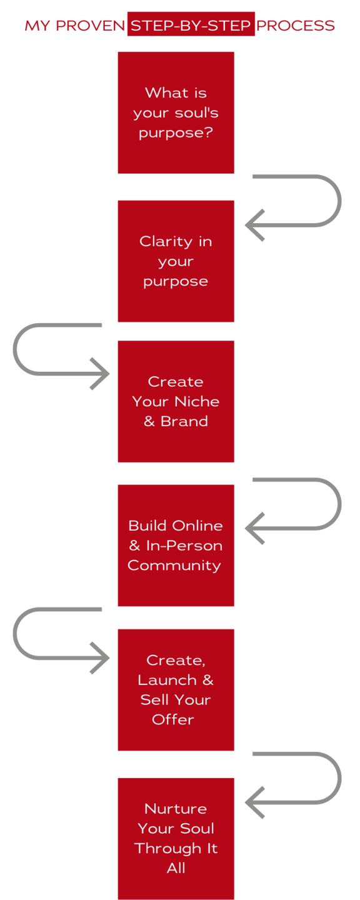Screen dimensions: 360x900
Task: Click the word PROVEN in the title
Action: [91, 26]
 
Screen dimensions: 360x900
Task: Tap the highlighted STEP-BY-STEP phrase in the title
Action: [191, 25]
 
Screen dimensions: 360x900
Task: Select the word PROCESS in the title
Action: [295, 26]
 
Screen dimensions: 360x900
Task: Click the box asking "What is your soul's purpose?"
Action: [176, 112]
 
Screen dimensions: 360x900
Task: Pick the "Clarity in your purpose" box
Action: [176, 261]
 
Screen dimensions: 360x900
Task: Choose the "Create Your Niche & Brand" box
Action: [176, 401]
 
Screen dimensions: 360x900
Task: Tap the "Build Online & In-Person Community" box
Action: [176, 545]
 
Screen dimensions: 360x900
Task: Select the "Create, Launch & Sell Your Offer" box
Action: [176, 690]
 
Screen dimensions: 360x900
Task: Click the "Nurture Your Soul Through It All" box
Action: [176, 839]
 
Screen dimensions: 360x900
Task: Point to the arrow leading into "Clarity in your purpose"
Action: [339, 201]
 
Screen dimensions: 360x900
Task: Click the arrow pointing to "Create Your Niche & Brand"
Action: [15, 349]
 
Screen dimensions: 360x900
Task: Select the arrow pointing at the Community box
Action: [339, 504]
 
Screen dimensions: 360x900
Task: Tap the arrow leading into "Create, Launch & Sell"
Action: [15, 634]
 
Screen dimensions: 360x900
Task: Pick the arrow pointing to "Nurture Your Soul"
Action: [339, 778]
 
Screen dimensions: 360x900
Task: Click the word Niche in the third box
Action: [197, 401]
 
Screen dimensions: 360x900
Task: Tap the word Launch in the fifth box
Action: [168, 680]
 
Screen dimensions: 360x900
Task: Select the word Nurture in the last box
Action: [176, 809]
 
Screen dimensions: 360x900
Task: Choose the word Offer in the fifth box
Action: [172, 719]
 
